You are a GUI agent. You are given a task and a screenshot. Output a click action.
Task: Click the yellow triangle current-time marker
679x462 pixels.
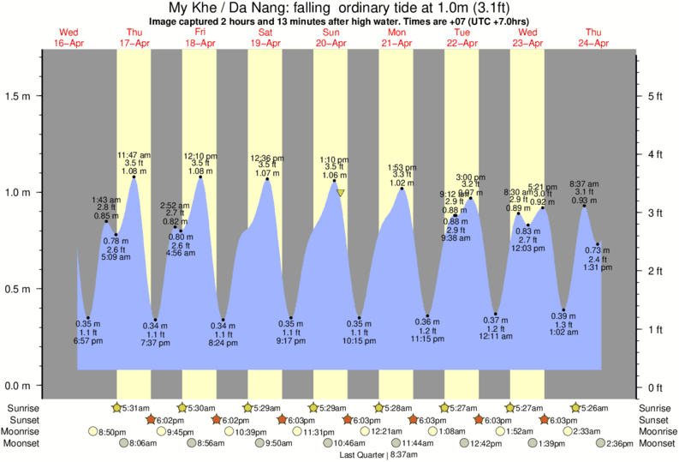click(341, 193)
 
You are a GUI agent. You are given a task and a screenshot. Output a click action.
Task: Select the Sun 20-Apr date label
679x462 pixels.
click(331, 38)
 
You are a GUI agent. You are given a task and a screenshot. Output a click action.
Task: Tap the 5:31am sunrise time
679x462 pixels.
click(134, 407)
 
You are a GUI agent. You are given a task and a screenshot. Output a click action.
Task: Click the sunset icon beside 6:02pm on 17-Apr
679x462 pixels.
click(152, 419)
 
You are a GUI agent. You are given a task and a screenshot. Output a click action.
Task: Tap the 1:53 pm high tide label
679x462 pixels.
click(402, 167)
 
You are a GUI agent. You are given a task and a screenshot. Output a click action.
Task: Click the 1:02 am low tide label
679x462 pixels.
click(564, 331)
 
